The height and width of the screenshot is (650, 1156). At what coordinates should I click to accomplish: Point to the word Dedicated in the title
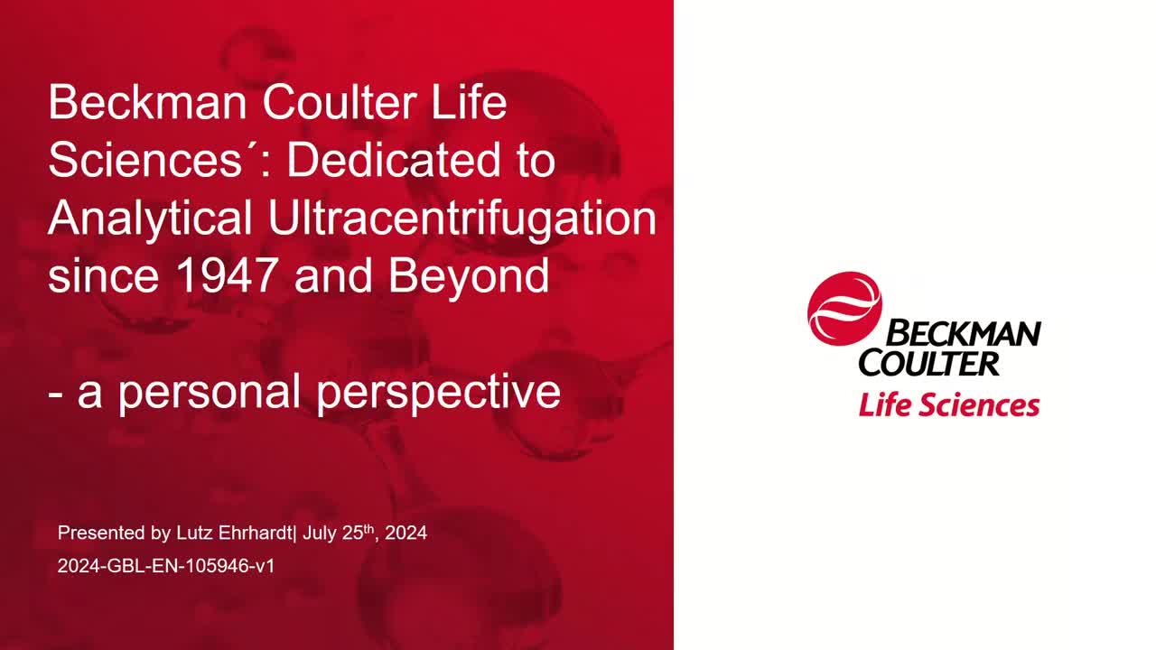coord(393,160)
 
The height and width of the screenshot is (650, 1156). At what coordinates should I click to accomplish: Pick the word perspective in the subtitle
coord(438,393)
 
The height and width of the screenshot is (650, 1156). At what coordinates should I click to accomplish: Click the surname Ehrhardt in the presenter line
coord(256,533)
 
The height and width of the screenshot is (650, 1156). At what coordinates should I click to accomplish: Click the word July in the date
coord(320,534)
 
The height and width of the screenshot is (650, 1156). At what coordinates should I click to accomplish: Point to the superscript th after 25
coord(368,529)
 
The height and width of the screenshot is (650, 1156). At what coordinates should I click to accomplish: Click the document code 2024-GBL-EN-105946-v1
coord(165,566)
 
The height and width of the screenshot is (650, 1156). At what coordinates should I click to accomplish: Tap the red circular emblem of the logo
coord(844,309)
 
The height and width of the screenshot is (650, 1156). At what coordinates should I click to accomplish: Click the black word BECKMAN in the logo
coord(964,333)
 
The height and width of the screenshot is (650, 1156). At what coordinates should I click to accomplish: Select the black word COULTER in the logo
coord(929,364)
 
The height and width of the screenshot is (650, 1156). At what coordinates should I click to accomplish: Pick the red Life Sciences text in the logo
coord(949,405)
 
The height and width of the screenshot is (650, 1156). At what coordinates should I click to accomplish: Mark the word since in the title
coord(103,275)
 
